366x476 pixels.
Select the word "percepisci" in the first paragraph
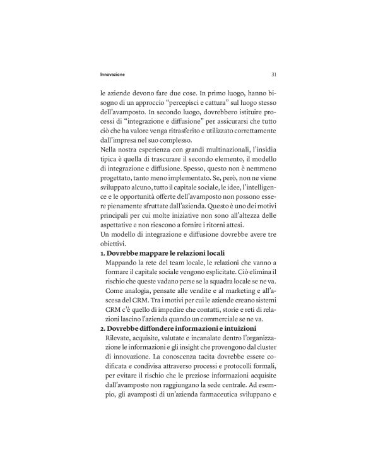[x=185, y=102]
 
